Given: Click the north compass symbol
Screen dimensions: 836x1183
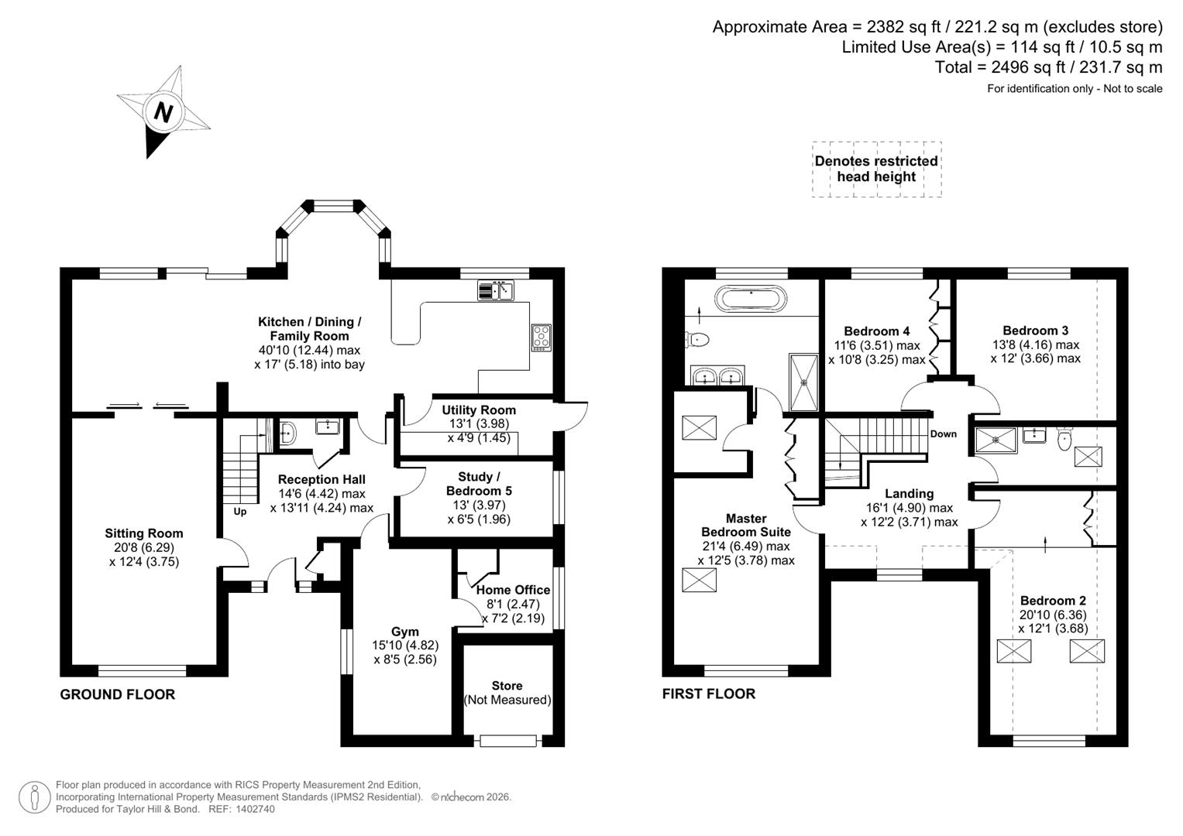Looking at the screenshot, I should (x=163, y=111).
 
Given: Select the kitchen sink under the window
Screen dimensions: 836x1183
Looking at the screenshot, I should (x=496, y=290).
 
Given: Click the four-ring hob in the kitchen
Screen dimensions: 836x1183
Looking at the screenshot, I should (x=541, y=337).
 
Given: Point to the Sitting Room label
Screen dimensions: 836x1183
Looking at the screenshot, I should (x=144, y=533).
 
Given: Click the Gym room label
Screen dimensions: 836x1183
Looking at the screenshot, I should (x=404, y=632).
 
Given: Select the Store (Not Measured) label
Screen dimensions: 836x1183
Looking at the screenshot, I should (x=507, y=693).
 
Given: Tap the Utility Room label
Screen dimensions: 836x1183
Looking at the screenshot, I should (x=478, y=410).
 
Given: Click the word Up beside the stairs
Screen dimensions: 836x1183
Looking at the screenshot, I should (x=240, y=512).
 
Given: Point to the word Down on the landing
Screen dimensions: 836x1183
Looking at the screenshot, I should (x=943, y=434).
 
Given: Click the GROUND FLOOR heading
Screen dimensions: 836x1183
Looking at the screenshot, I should (x=118, y=694).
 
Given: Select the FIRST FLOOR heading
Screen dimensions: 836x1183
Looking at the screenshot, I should (x=708, y=694).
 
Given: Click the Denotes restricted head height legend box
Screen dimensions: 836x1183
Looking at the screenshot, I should (x=876, y=169).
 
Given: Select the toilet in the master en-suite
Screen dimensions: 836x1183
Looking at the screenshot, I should (x=697, y=338).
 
